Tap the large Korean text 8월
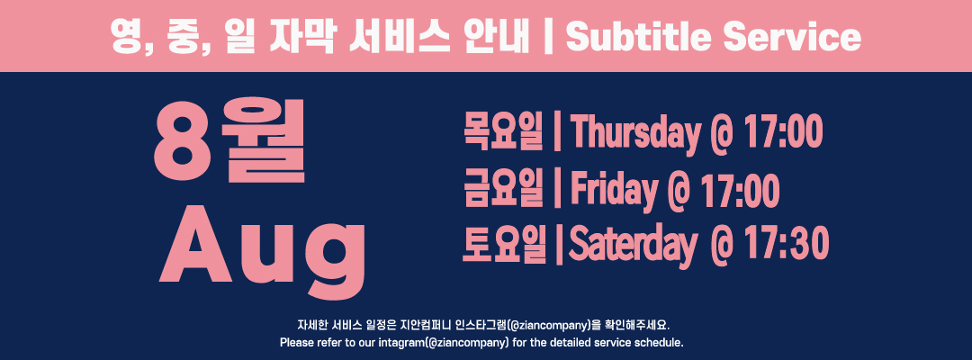point(229,140)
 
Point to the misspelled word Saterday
point(633,246)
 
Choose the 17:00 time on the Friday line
point(741,190)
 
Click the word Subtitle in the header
point(638,37)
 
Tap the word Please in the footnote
point(293,342)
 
